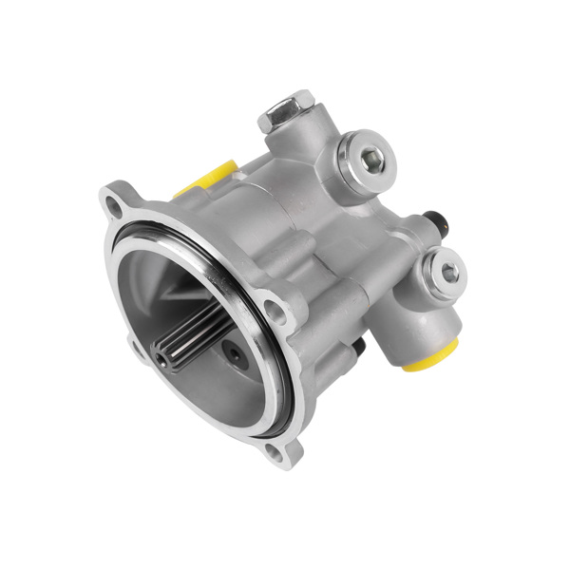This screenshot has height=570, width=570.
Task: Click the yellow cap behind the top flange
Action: tap(211, 176)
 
